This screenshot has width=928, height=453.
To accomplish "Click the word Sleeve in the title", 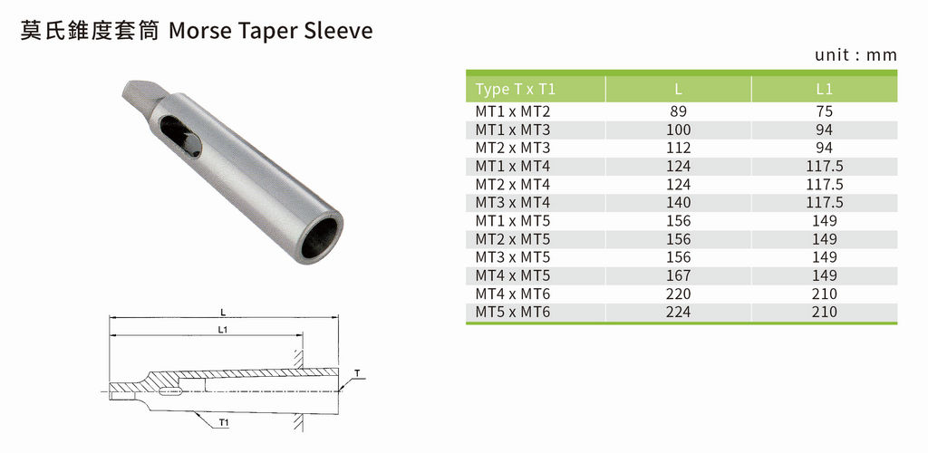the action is (339, 30).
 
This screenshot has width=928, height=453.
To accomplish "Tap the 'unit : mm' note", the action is (855, 55).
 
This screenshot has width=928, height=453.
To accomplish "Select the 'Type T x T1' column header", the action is (516, 90).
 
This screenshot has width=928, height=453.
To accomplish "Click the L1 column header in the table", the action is (824, 90).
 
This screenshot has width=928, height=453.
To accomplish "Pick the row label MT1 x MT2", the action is (513, 111).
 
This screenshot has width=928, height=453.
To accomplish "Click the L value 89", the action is (678, 111).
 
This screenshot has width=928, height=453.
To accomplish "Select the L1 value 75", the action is (824, 111).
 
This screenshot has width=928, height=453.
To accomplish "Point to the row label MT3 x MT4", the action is (513, 203).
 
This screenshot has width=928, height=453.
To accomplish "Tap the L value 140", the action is (678, 203).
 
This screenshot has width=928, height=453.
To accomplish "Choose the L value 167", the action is (678, 275).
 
